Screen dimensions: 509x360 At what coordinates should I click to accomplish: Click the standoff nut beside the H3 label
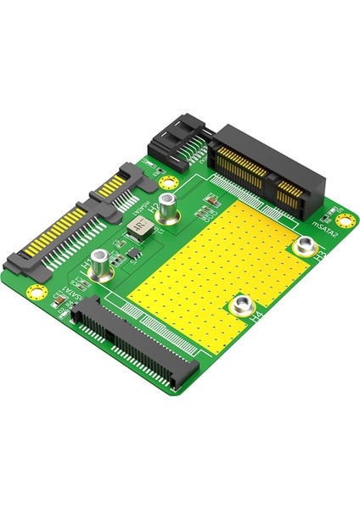click(304, 247)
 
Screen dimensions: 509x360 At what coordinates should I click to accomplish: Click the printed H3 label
click(320, 254)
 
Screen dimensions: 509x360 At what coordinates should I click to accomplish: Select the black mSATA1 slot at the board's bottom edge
click(136, 344)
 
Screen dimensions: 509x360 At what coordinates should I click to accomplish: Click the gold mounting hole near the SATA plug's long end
click(36, 293)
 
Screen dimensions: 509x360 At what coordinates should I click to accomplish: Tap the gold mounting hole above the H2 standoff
click(169, 182)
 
